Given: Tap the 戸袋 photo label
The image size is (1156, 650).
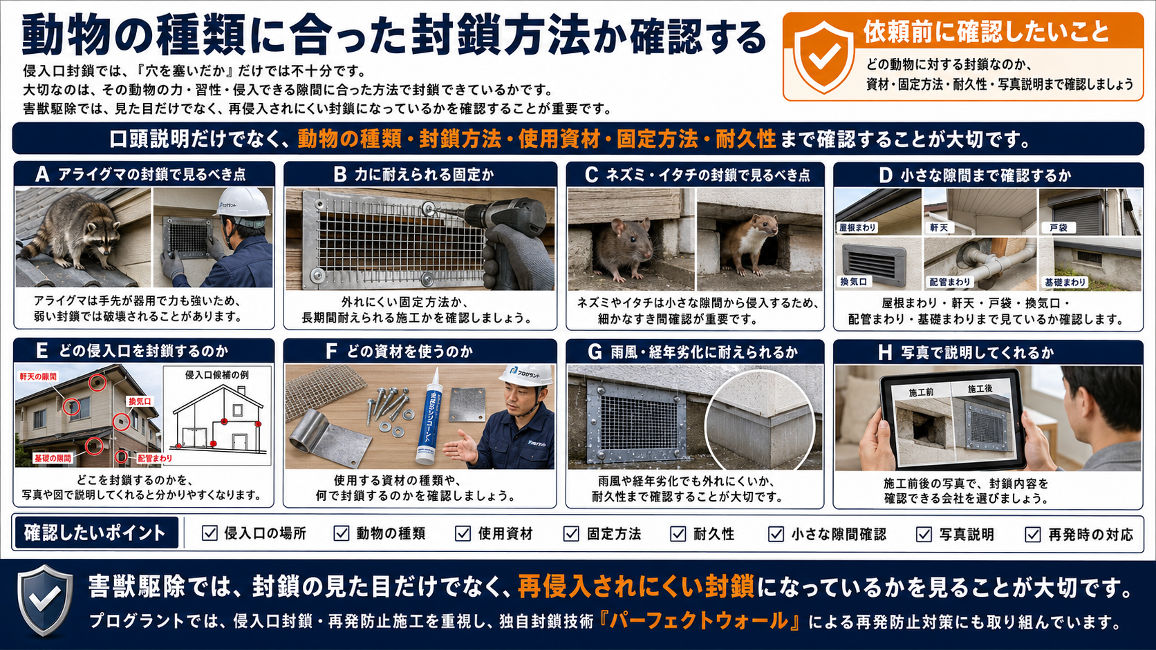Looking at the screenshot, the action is click(1058, 227).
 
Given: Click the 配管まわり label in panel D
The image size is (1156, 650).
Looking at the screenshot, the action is click(950, 282).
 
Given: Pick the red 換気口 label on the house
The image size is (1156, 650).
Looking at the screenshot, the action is click(140, 401).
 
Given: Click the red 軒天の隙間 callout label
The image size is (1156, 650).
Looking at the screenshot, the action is click(38, 376).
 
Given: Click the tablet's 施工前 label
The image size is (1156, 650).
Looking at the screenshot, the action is click(921, 392).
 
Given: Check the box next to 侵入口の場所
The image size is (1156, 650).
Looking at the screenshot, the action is click(209, 533).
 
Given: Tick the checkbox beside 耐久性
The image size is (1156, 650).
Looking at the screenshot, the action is click(678, 534).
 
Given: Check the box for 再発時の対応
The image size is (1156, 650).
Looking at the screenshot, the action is click(1033, 535).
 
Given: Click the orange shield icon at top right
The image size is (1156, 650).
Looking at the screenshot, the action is click(823, 57).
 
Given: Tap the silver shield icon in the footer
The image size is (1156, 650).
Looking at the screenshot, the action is click(45, 600).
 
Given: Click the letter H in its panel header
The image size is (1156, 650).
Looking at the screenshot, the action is click(885, 352).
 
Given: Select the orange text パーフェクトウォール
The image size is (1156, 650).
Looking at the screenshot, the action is click(699, 621).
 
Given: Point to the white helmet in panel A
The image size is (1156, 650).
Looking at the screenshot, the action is click(243, 202).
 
